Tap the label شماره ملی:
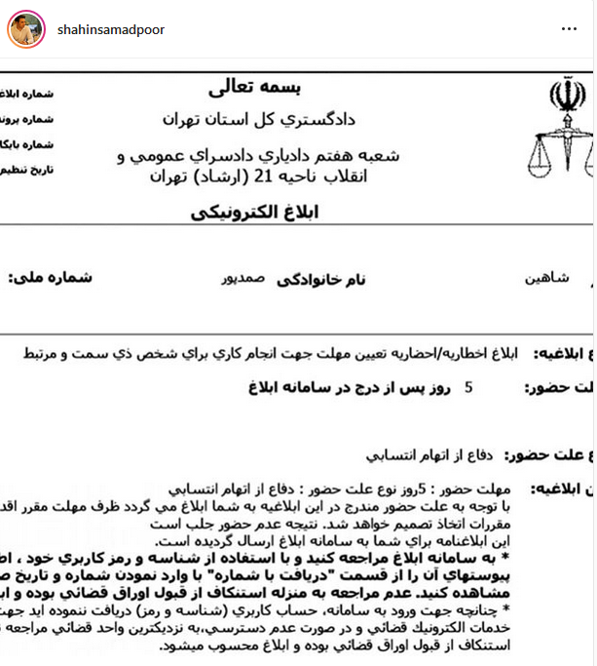click(50, 278)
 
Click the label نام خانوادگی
click(322, 279)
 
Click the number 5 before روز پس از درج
click(467, 387)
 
